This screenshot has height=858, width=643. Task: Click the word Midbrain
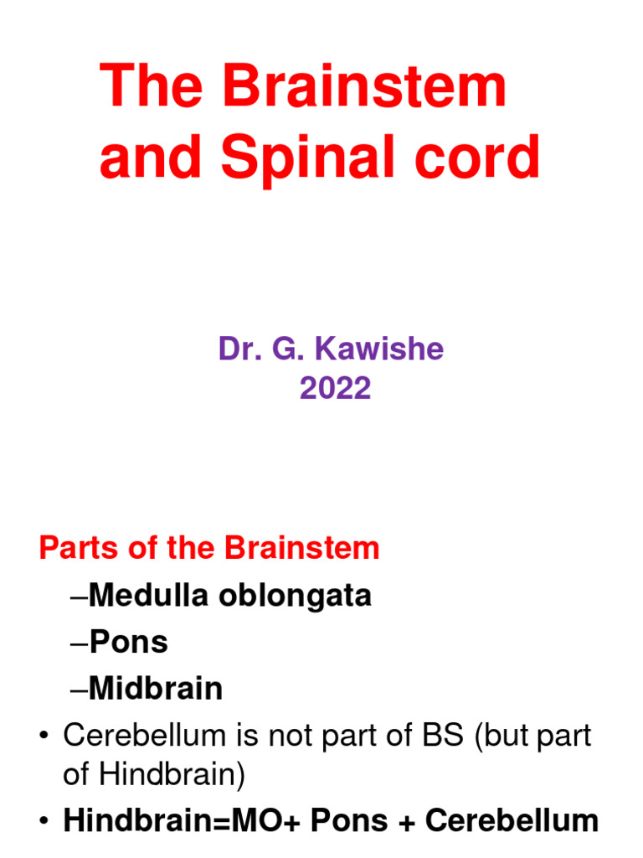[156, 689]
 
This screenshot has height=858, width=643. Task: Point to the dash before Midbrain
[80, 690]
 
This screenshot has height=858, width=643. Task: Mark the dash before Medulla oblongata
[80, 597]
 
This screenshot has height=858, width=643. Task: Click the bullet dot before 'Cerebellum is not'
[44, 737]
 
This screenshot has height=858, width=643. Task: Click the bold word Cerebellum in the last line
[512, 821]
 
